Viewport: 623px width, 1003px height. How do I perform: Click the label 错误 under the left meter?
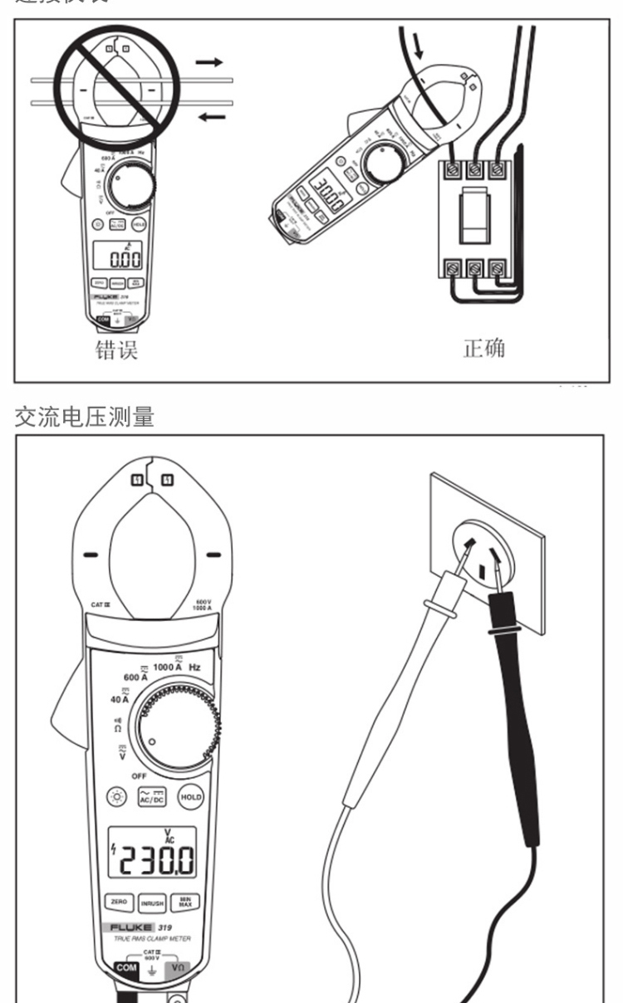(x=115, y=350)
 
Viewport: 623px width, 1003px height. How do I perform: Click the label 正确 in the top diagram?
(x=483, y=348)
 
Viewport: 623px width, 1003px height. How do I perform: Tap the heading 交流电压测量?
(x=85, y=416)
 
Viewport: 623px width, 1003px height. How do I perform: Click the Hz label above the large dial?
(x=194, y=667)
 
